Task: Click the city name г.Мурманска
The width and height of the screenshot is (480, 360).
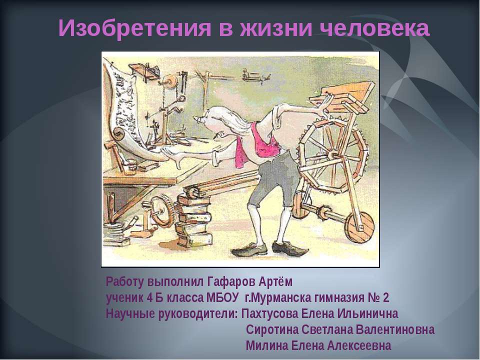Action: coord(276,298)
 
